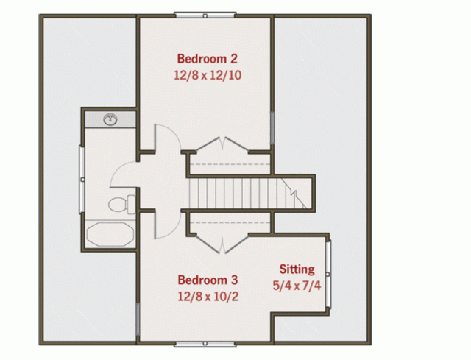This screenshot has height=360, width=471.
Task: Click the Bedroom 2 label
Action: pyautogui.click(x=207, y=58)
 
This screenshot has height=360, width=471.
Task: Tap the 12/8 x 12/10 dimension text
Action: pyautogui.click(x=207, y=74)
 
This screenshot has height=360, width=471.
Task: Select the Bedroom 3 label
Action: pyautogui.click(x=208, y=280)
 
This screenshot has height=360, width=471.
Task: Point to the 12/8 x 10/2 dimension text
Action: pyautogui.click(x=208, y=297)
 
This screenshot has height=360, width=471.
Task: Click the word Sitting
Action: pyautogui.click(x=297, y=269)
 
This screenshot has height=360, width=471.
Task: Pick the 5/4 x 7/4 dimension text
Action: pyautogui.click(x=297, y=286)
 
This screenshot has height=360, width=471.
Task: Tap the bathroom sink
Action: pyautogui.click(x=110, y=119)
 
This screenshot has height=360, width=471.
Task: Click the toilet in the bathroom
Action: pyautogui.click(x=119, y=202)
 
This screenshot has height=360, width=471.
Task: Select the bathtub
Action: pyautogui.click(x=110, y=235)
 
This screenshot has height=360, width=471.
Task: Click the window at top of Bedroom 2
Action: pyautogui.click(x=205, y=14)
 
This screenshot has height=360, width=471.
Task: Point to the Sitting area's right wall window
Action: pyautogui.click(x=328, y=266)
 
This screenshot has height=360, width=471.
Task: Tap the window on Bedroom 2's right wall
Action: pyautogui.click(x=272, y=127)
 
